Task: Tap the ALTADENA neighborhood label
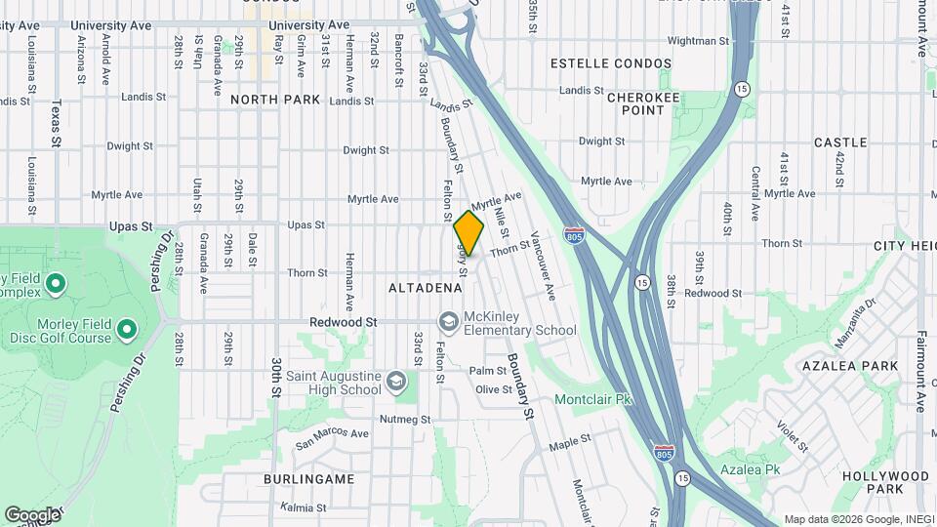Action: tap(425, 288)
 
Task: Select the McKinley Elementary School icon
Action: tap(448, 321)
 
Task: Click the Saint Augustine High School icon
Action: tap(396, 382)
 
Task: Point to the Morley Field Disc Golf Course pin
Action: tap(126, 331)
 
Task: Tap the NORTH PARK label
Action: tap(275, 100)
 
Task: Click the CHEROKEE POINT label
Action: tap(635, 103)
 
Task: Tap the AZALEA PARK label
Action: tap(835, 365)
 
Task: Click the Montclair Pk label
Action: tap(593, 399)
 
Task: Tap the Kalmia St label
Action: tap(303, 507)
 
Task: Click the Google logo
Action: tap(32, 514)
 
